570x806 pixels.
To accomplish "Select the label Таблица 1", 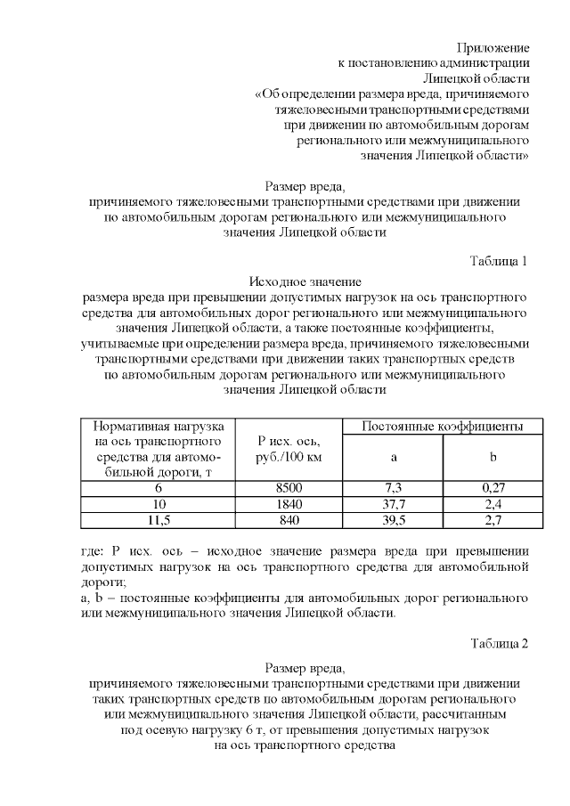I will click(499, 261).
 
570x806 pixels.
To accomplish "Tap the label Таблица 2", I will click(499, 645).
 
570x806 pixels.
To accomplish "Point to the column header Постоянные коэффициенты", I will click(442, 427).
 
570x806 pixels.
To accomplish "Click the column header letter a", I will click(393, 457).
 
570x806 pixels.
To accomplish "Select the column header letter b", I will click(493, 457).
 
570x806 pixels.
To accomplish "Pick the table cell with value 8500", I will click(289, 488).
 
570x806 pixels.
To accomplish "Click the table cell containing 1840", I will click(289, 504).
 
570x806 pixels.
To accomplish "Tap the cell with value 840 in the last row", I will click(289, 520).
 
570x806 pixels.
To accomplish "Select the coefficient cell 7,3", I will click(393, 488).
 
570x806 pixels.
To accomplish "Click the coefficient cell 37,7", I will click(393, 504).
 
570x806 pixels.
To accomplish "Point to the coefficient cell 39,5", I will click(393, 520).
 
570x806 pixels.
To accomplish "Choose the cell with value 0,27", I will click(493, 488).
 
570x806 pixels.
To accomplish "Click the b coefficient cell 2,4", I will click(493, 504).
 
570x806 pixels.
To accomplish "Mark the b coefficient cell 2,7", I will click(493, 520).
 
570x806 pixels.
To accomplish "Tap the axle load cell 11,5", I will click(157, 520).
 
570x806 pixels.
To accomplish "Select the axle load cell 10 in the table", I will click(157, 504).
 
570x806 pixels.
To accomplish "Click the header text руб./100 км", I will click(289, 457).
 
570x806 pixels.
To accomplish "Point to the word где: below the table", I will click(93, 547).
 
